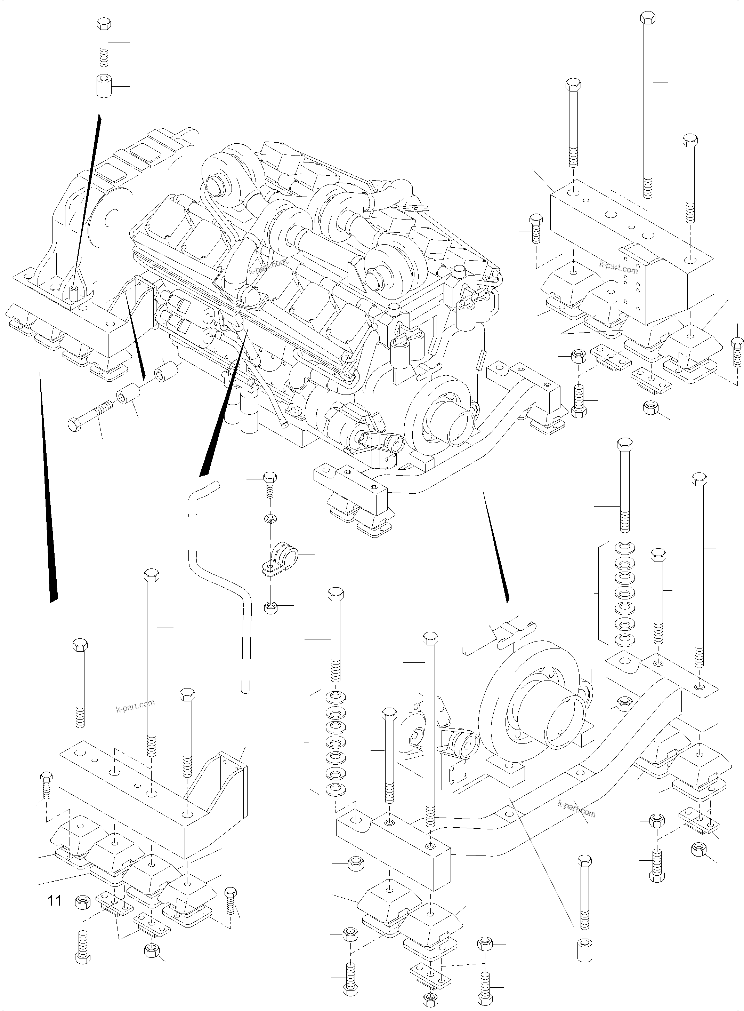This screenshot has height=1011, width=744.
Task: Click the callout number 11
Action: tap(55, 901)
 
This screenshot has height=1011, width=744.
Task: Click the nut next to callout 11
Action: tap(82, 901)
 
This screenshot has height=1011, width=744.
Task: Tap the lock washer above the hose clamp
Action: tap(269, 519)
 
